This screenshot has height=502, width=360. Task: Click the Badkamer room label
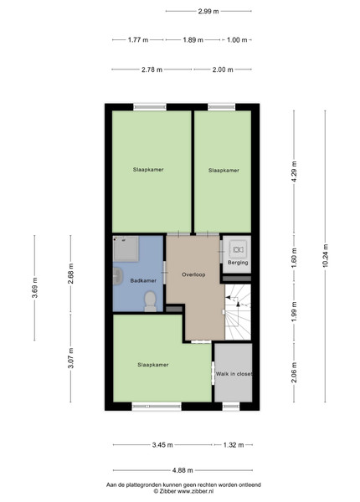143,281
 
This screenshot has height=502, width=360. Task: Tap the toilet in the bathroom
150,301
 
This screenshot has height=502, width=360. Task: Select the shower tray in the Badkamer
126,249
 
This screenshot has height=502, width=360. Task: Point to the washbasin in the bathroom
117,277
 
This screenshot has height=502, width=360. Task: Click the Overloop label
193,274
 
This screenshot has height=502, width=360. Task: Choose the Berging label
238,263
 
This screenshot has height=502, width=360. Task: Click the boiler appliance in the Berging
238,248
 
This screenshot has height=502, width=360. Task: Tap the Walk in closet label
234,374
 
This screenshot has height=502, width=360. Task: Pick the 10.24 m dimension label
326,255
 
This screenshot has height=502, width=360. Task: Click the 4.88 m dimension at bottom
183,470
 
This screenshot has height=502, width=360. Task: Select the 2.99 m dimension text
208,11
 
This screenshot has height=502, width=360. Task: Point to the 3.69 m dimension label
34,288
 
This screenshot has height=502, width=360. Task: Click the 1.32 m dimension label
234,445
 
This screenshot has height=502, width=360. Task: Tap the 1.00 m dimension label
237,40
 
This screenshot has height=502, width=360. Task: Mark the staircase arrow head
238,304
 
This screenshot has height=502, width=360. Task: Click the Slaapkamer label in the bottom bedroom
153,365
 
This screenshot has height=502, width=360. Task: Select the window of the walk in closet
231,407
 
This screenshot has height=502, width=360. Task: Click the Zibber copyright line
183,491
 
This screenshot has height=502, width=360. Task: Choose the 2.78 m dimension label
152,69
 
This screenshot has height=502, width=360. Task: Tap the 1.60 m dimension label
295,258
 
